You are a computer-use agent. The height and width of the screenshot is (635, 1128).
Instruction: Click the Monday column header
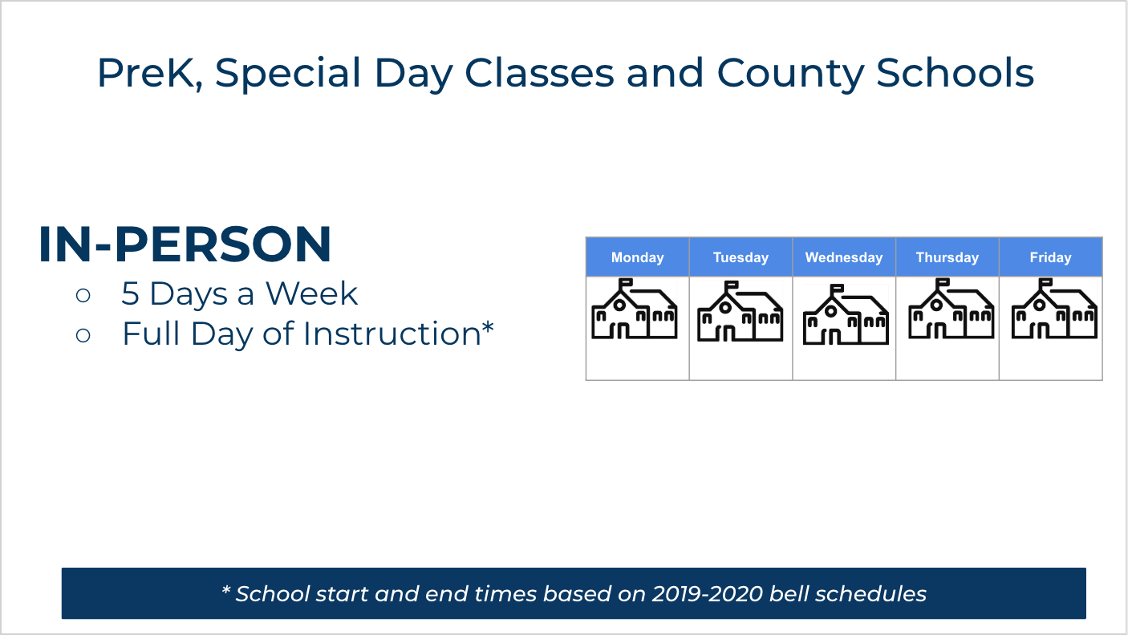click(x=638, y=257)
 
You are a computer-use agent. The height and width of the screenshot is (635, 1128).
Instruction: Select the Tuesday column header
click(x=741, y=257)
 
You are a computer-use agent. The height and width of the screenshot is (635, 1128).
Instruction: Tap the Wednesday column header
click(x=844, y=257)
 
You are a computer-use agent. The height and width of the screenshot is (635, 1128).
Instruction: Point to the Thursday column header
click(x=947, y=257)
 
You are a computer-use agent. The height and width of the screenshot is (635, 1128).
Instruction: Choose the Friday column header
click(x=1050, y=257)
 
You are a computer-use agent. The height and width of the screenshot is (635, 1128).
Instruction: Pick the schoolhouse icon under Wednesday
click(x=845, y=315)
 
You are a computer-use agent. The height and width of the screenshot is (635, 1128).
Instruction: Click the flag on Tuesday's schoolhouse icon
click(x=732, y=285)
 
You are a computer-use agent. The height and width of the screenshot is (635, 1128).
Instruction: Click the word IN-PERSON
click(x=185, y=245)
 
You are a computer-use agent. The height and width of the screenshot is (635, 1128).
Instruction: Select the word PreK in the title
click(x=146, y=74)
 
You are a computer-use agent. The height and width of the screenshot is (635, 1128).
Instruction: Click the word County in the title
click(x=790, y=74)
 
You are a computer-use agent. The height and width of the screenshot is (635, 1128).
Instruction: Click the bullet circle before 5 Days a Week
click(x=83, y=295)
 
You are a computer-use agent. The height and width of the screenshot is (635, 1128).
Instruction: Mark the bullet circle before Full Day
click(x=83, y=334)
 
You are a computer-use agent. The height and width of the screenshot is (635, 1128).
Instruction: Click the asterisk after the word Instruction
click(x=487, y=329)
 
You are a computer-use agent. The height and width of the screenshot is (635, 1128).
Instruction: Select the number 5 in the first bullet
click(x=130, y=294)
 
